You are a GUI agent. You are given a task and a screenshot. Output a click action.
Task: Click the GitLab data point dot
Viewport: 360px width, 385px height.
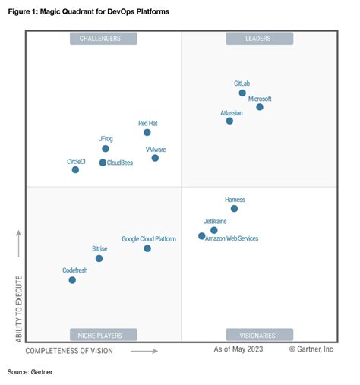[242, 93]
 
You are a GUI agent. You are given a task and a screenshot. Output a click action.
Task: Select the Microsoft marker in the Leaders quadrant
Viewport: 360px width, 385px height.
[260, 107]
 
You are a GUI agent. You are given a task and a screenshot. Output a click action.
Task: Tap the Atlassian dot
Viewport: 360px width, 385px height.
[229, 121]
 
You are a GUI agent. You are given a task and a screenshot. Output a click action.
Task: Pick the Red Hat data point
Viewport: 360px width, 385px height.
[147, 132]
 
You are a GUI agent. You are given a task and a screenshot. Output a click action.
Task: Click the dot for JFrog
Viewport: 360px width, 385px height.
[106, 148]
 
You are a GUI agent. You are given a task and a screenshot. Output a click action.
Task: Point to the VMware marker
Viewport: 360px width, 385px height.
[155, 158]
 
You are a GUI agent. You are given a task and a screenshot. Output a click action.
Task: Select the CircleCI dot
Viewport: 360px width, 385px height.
[75, 170]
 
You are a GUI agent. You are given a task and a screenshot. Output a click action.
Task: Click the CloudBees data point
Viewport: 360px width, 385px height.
[103, 163]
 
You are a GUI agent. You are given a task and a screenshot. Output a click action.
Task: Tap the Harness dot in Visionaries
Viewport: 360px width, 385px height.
[234, 208]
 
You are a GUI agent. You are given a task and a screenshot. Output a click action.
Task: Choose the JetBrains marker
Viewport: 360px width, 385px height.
[214, 230]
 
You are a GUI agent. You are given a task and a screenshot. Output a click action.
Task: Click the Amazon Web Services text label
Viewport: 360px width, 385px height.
[232, 238]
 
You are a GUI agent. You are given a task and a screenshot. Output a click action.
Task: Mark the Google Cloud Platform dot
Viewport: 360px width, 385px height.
[147, 248]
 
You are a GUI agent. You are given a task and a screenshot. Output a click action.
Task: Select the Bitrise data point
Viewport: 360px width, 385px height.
[99, 258]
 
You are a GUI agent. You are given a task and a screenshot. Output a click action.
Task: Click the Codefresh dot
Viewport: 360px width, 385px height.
[72, 280]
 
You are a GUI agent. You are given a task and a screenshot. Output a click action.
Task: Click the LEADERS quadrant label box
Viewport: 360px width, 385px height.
[259, 39]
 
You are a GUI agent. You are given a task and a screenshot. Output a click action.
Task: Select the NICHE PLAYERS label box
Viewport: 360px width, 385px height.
[103, 334]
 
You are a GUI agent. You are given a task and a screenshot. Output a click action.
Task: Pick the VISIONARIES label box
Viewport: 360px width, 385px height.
[259, 334]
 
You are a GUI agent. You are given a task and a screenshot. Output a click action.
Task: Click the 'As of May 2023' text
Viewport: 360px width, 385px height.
[238, 349]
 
